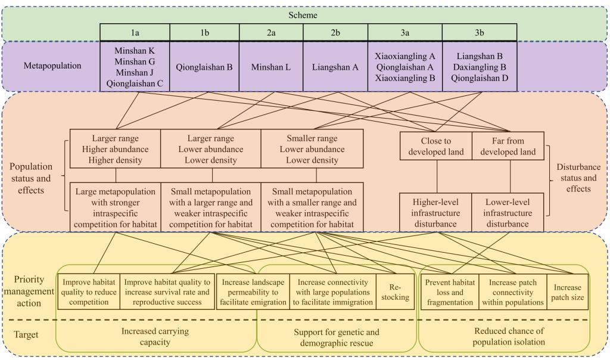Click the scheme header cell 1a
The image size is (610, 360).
pyautogui.click(x=135, y=33)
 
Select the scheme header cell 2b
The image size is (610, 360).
pyautogui.click(x=333, y=33)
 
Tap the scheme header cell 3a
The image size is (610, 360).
pyautogui.click(x=405, y=33)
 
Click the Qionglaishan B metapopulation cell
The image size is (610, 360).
pyautogui.click(x=204, y=67)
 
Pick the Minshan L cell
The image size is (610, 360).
pyautogui.click(x=270, y=67)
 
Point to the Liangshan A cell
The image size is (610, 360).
pyautogui.click(x=335, y=67)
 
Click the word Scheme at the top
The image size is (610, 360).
pyautogui.click(x=305, y=15)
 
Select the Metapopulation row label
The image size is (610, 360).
pyautogui.click(x=52, y=66)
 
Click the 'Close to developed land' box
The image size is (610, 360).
pyautogui.click(x=435, y=146)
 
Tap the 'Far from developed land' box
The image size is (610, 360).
pyautogui.click(x=510, y=146)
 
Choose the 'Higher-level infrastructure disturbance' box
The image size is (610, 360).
pyautogui.click(x=435, y=213)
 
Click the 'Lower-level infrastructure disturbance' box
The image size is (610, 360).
pyautogui.click(x=510, y=213)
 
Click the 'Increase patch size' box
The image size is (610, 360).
pyautogui.click(x=567, y=291)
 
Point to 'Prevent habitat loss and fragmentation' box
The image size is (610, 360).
pyautogui.click(x=450, y=291)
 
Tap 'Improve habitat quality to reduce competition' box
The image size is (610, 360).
pyautogui.click(x=88, y=291)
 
